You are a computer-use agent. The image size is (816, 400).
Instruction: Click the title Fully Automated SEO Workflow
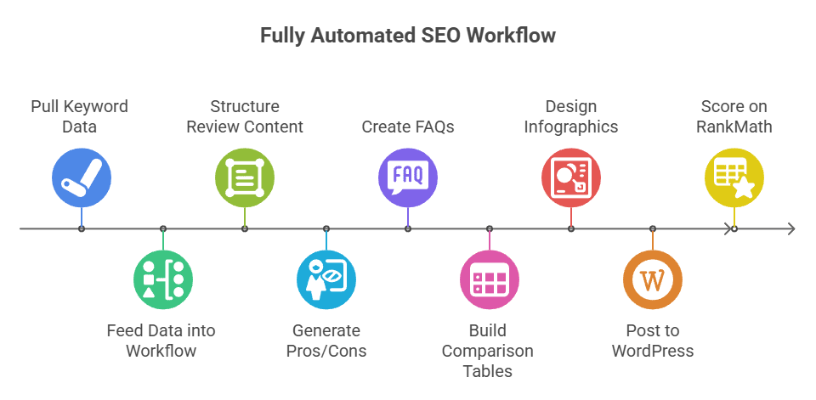[408, 36]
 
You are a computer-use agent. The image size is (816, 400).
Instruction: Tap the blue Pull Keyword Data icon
[82, 177]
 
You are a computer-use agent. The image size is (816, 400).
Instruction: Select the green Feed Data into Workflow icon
[163, 280]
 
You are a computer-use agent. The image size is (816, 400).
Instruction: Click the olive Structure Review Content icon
[245, 177]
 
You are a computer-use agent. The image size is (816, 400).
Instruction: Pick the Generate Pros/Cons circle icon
[326, 280]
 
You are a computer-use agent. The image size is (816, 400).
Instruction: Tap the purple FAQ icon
[408, 177]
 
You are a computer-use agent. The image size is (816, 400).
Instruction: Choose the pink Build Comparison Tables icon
[490, 280]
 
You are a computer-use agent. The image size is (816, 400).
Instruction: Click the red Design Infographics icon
[571, 177]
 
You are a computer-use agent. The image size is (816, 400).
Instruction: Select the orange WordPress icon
[653, 280]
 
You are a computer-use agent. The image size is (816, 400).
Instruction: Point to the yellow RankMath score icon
[734, 177]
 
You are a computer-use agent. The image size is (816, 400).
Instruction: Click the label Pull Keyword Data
[79, 116]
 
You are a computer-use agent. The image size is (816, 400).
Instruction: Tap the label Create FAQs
[408, 127]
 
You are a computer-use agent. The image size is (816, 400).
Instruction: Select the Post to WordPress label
[653, 341]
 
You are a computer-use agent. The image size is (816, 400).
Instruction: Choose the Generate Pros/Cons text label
[326, 341]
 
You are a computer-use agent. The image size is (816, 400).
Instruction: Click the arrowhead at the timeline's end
[791, 228]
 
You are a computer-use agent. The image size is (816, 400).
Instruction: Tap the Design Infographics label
[571, 116]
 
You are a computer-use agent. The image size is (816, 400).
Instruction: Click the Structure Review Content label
[245, 116]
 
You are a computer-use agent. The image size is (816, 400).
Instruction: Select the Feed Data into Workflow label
[161, 341]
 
